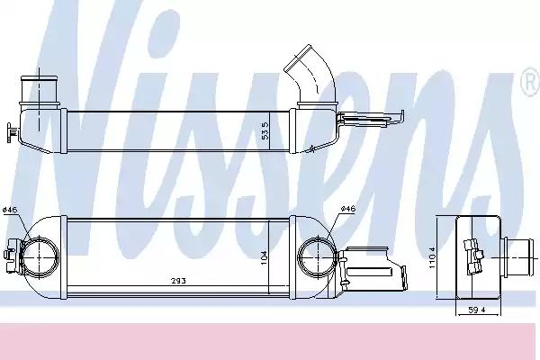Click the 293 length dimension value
(x=179, y=281)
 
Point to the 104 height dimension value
(x=264, y=257)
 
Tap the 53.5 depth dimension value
(x=265, y=130)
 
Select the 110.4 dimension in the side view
(x=432, y=257)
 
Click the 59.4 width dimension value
(x=477, y=310)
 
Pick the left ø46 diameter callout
(x=10, y=210)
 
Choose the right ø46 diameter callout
(x=347, y=209)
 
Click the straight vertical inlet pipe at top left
(x=40, y=90)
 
